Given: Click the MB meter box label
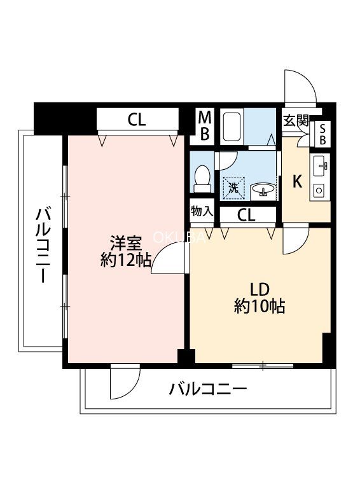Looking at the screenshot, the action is (x=205, y=125).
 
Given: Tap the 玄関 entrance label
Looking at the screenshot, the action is (x=296, y=121).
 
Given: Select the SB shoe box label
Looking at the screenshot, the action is (x=322, y=134).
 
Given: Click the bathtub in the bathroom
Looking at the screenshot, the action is (x=232, y=127).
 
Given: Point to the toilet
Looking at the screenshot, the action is (x=202, y=179).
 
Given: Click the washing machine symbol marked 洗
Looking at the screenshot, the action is (x=233, y=188).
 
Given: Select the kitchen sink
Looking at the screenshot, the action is (x=319, y=166).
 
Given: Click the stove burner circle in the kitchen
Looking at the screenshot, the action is (x=319, y=190).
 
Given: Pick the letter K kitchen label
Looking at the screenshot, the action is (x=297, y=182).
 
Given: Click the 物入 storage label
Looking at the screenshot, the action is (x=202, y=211).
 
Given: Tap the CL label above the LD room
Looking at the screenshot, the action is (x=246, y=216).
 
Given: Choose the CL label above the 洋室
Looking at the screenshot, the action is (x=137, y=120).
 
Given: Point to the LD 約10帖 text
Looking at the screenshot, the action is (x=260, y=298).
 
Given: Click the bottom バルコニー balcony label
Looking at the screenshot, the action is (x=207, y=389).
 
